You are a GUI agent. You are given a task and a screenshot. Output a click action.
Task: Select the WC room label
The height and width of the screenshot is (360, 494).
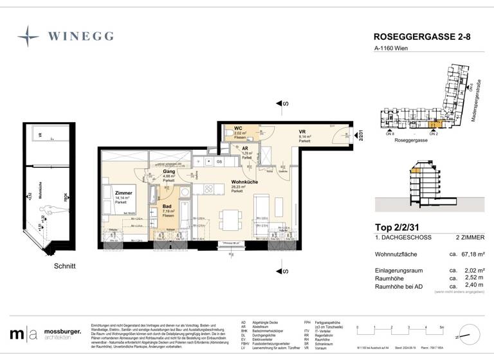238,129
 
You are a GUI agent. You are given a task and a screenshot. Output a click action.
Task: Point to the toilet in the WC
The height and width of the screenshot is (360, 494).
229,133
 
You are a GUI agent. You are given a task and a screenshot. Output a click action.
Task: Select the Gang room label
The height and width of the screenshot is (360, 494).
169,172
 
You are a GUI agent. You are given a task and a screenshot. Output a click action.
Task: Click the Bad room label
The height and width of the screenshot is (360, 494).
167,207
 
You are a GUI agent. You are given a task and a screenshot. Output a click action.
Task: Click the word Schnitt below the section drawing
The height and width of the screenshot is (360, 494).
64,265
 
